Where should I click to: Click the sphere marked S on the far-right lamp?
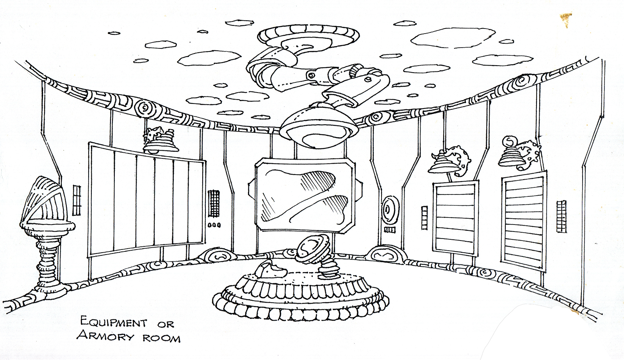coord(509,141)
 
